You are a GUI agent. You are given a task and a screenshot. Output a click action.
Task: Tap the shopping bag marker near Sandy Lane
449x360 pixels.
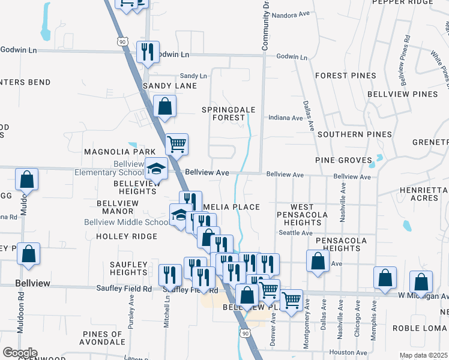[165, 107]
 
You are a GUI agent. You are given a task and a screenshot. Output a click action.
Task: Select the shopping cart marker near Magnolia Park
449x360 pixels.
[176, 144]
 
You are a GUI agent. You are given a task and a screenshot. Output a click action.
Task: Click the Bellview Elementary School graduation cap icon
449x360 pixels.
[156, 169]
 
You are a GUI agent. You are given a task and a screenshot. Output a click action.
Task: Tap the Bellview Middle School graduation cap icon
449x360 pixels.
[179, 215]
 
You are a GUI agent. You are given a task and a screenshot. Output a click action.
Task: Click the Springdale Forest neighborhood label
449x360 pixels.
[229, 113]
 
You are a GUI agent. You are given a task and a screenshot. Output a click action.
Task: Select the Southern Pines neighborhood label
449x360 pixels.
[354, 134]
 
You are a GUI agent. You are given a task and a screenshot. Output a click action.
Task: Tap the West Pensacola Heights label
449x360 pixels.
[303, 214]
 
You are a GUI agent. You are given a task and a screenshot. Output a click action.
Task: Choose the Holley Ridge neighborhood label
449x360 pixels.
[127, 236]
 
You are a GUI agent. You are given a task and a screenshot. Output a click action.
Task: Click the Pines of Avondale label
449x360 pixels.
[103, 338]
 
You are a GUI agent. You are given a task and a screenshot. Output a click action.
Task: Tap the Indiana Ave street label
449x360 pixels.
[285, 118]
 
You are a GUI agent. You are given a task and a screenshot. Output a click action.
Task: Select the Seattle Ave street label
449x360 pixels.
[295, 233]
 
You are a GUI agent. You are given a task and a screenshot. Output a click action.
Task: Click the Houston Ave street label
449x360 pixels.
[348, 353]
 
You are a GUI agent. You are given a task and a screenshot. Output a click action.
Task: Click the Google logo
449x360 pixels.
[20, 353]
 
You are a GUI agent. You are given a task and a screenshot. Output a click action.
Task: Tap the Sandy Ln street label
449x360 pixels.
[193, 76]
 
